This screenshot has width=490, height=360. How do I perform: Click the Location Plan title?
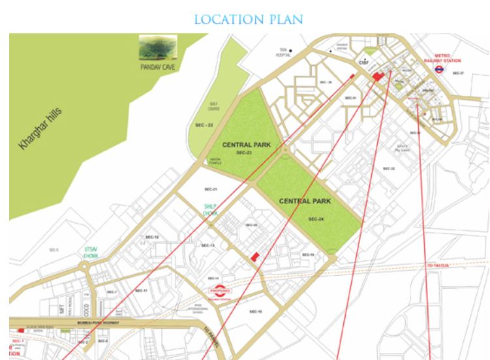(x=248, y=19)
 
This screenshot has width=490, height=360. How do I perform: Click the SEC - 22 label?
(x=204, y=124)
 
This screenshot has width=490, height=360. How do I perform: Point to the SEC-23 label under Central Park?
(x=244, y=152)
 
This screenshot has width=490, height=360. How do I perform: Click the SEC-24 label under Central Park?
(x=316, y=219)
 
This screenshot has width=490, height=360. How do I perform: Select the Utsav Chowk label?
(x=90, y=252)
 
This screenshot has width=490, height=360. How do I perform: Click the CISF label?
(x=364, y=62)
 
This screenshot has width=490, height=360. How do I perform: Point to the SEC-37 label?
(x=459, y=73)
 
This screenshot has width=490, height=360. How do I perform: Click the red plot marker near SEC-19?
(x=255, y=256)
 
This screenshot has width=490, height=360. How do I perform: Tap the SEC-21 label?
(x=210, y=189)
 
